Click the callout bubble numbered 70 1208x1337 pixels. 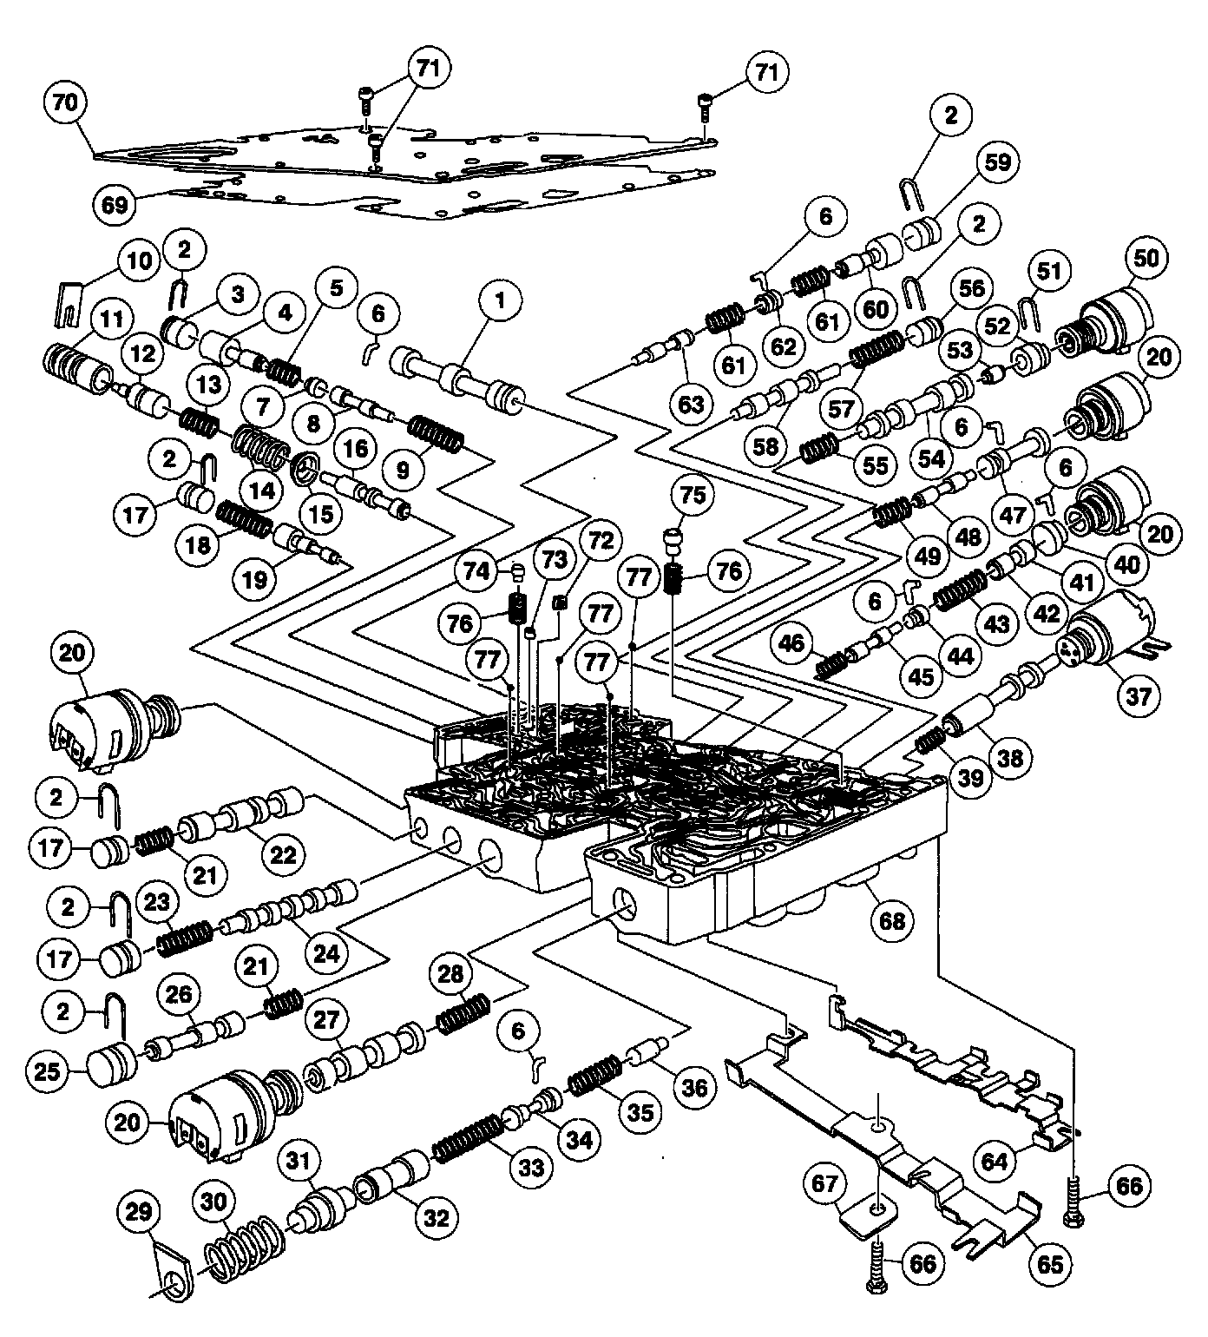tap(67, 102)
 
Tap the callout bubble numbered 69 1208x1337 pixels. tap(114, 206)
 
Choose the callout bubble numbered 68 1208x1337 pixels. tap(891, 921)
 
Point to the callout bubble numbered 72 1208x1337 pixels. tap(596, 539)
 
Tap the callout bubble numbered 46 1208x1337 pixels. tap(791, 643)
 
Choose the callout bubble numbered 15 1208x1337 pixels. tap(321, 514)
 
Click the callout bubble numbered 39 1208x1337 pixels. tap(972, 779)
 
